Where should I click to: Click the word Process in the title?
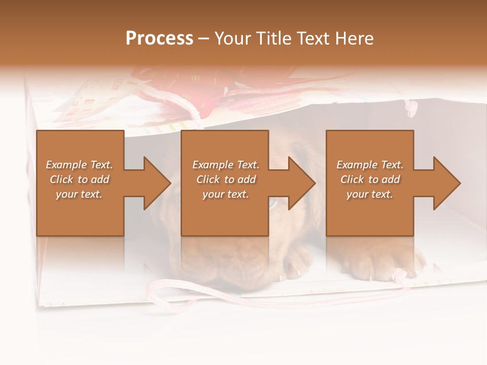coord(159,39)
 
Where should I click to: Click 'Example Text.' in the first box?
coord(79,165)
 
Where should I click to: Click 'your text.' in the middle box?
coord(225,194)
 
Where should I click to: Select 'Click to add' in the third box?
coord(370,179)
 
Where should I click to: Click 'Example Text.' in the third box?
coord(370,165)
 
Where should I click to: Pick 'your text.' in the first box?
coord(79,194)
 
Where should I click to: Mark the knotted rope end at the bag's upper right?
coord(411,107)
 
